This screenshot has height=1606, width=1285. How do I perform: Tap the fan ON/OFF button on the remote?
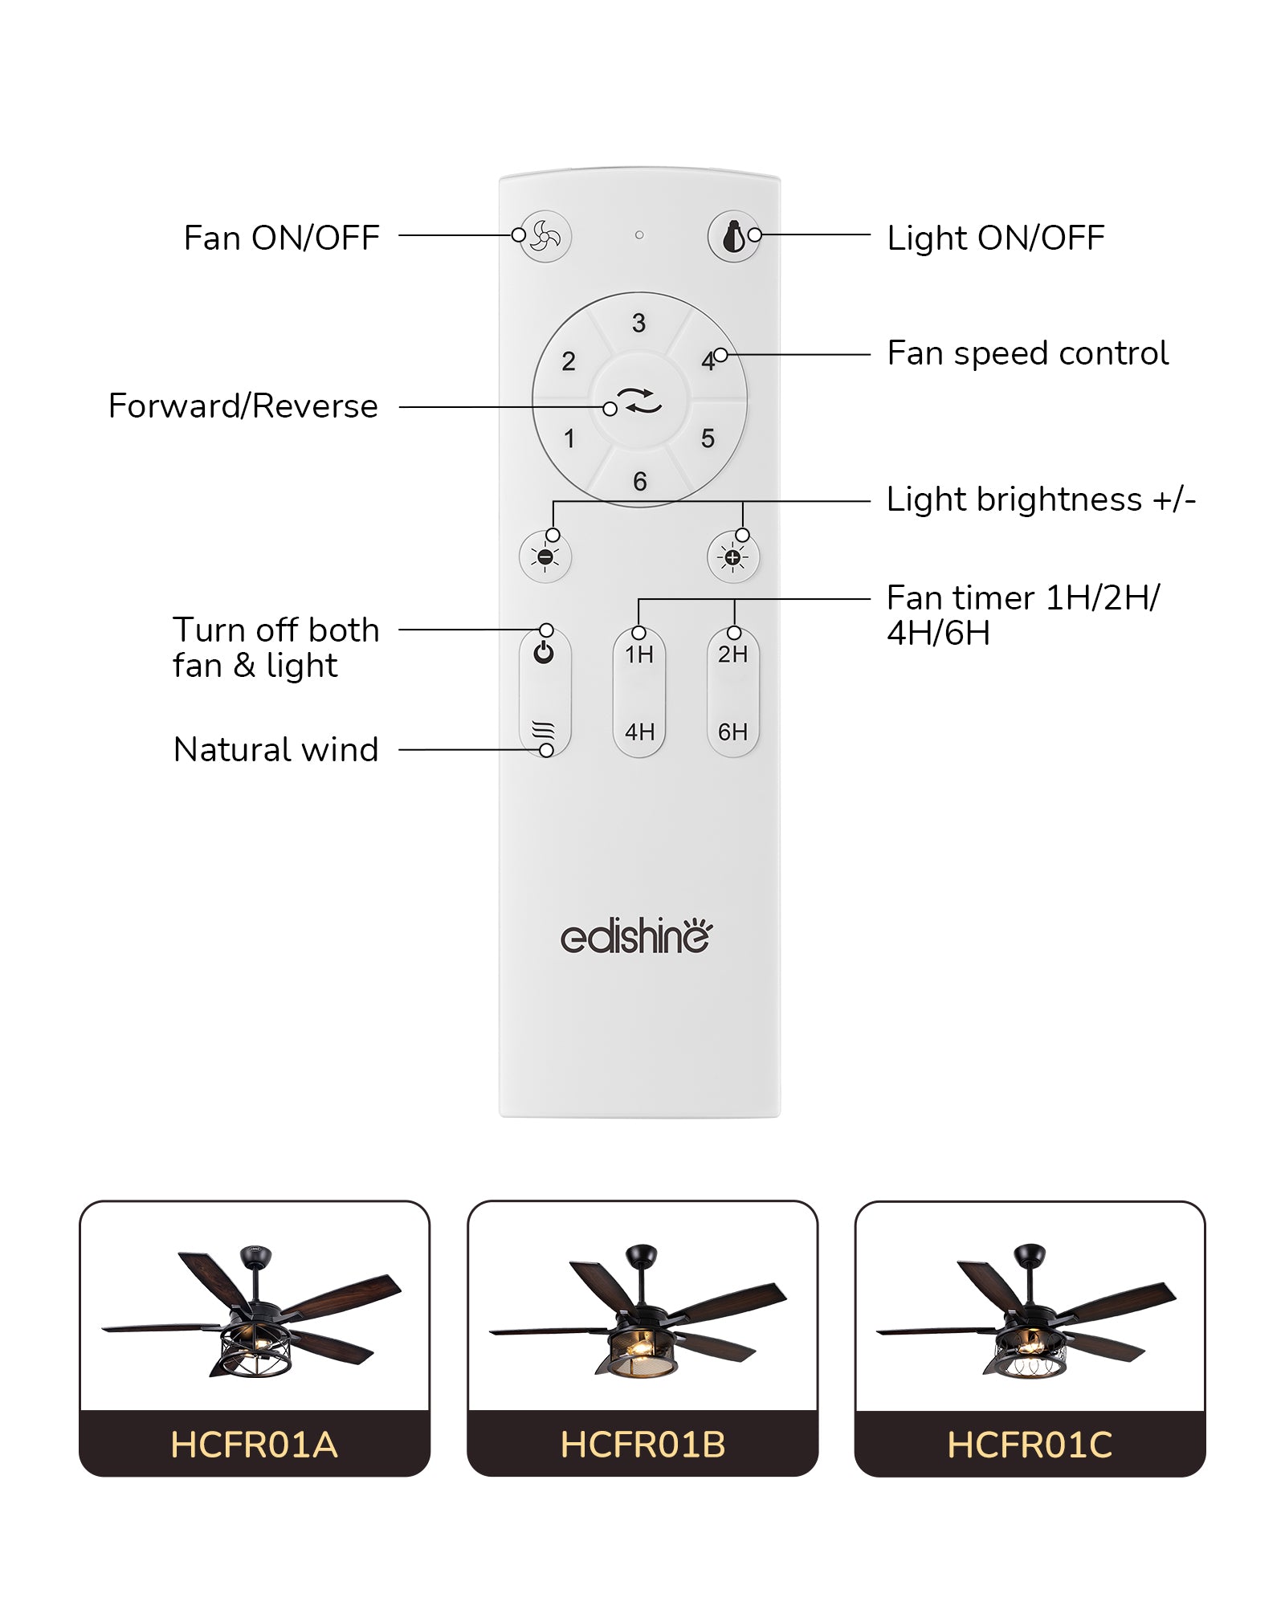click(545, 236)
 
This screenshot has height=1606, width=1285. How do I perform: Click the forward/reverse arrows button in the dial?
click(640, 399)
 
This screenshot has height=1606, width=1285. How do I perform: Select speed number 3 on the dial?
click(639, 323)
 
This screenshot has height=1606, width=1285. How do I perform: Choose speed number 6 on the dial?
click(640, 482)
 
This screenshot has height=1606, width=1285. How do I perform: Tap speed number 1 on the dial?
click(569, 439)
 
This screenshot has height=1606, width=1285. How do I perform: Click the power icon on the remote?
click(544, 653)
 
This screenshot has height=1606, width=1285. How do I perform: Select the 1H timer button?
click(639, 655)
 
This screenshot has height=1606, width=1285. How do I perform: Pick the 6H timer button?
click(732, 732)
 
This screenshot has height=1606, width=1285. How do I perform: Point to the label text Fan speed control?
click(1027, 353)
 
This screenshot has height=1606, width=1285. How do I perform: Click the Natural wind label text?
click(275, 750)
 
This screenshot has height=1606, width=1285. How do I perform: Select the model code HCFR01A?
click(254, 1445)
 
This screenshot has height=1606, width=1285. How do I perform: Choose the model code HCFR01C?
click(1030, 1445)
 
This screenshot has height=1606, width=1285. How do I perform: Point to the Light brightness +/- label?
click(1041, 499)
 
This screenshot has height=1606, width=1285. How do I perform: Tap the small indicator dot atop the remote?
click(639, 235)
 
